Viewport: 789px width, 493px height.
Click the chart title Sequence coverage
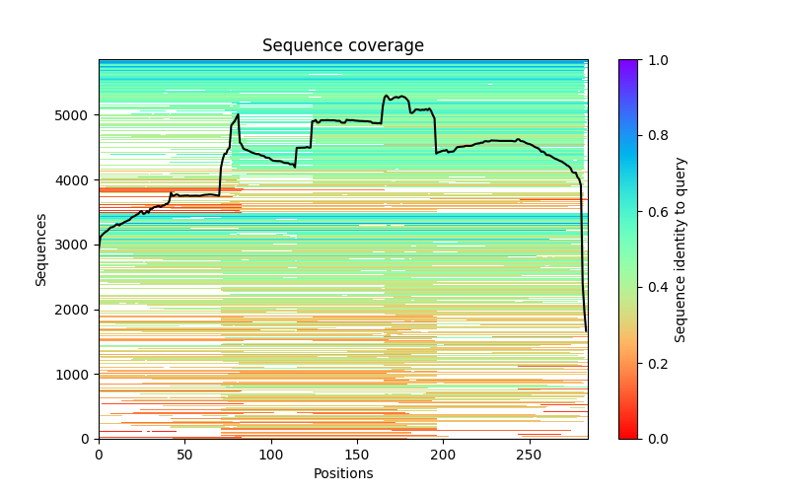[342, 46]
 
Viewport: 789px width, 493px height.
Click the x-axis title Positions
[342, 473]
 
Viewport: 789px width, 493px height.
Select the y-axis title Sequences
[41, 248]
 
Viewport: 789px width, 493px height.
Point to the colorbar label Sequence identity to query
[681, 248]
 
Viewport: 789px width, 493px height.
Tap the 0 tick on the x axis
[99, 455]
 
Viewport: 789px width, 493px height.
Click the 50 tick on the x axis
[184, 455]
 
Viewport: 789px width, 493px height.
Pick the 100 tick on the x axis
[271, 455]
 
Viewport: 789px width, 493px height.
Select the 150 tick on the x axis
[357, 455]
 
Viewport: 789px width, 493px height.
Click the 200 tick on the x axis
[443, 455]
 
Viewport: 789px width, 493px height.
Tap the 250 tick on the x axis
[530, 455]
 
